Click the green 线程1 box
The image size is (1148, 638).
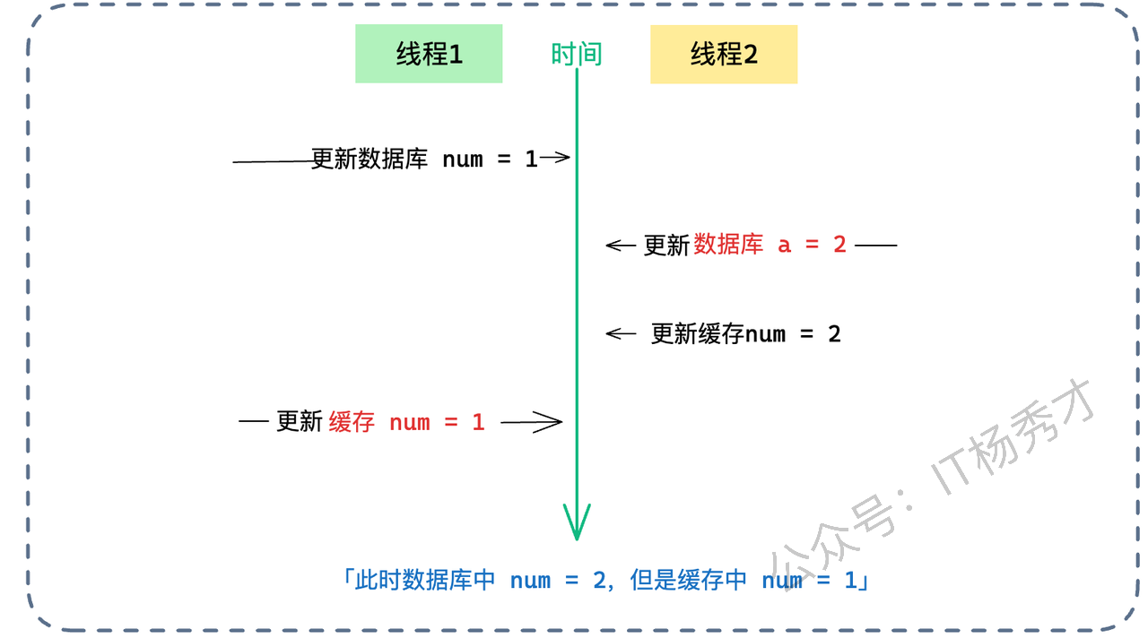pos(429,54)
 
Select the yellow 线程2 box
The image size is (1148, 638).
pos(723,54)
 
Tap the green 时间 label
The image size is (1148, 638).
pos(576,55)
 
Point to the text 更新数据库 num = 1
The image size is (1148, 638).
pos(424,159)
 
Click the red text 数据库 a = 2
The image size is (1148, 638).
pos(770,245)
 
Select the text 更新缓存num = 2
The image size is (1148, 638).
pos(746,334)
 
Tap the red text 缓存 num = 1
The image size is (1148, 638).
pos(406,422)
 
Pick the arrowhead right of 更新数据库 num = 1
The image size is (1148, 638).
pos(556,159)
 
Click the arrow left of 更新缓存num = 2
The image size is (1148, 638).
pos(621,334)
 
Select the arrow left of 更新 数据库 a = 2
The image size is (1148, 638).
pos(621,245)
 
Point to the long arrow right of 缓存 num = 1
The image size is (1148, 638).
pos(532,422)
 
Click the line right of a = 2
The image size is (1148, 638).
pos(875,245)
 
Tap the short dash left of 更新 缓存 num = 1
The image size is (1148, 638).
pos(254,421)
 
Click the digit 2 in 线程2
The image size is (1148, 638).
pos(751,55)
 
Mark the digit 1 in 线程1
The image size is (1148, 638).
pos(456,55)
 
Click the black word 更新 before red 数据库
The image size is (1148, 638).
pos(666,245)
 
